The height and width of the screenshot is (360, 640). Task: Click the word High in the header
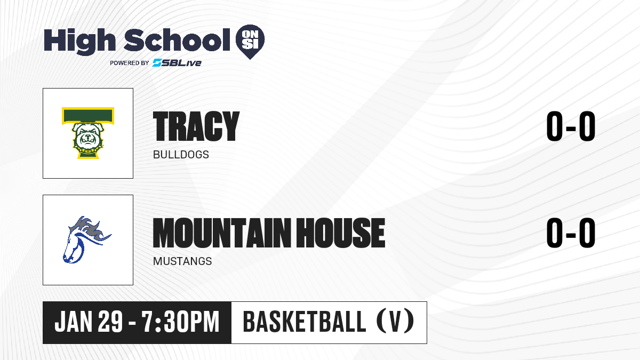coord(80,41)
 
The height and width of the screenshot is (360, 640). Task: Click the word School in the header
coord(177,40)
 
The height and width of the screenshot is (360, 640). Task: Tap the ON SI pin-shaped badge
coord(250,42)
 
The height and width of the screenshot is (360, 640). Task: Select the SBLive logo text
coord(177,62)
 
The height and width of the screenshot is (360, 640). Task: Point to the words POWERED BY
coord(130,63)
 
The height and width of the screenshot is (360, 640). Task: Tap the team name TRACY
coord(196,126)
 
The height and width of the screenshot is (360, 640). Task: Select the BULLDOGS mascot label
coord(181,155)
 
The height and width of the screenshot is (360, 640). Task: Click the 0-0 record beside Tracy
coord(571,126)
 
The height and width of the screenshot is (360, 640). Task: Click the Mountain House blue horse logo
coord(86,239)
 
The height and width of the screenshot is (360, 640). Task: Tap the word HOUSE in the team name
coord(340,233)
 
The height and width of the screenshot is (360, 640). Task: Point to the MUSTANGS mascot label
coord(182,261)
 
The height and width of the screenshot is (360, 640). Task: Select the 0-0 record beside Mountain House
coord(571,233)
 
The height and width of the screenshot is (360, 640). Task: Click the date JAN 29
coord(89,322)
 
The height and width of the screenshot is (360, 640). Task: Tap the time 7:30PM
coord(181,322)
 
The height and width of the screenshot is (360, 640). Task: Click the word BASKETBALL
coord(305,322)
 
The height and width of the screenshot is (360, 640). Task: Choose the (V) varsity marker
coord(396,322)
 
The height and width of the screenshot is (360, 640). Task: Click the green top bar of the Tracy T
coord(87,115)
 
